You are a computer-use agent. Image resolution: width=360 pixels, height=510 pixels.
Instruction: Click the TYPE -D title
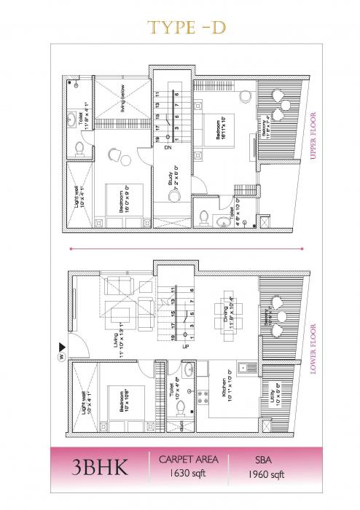tap(179, 27)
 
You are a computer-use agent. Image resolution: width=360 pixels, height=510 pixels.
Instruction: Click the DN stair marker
tap(170, 148)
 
